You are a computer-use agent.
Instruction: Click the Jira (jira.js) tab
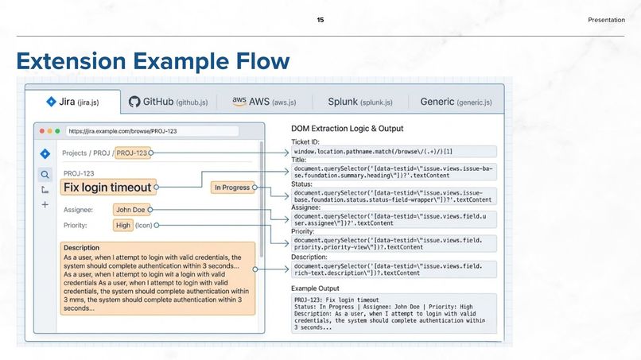pyautogui.click(x=72, y=102)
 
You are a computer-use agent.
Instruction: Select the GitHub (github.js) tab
pyautogui.click(x=169, y=102)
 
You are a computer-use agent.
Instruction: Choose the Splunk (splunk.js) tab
pyautogui.click(x=359, y=102)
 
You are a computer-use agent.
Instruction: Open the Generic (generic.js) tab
pyautogui.click(x=456, y=102)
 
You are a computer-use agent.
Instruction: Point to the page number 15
pyautogui.click(x=320, y=20)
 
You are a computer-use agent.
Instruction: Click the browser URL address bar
pyautogui.click(x=152, y=131)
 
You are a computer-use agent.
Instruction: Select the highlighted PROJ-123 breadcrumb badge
pyautogui.click(x=131, y=153)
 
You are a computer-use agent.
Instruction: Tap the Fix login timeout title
pyautogui.click(x=107, y=188)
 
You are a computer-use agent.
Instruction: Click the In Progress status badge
pyautogui.click(x=231, y=188)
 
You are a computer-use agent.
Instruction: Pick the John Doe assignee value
pyautogui.click(x=130, y=210)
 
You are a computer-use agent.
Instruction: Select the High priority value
pyautogui.click(x=123, y=226)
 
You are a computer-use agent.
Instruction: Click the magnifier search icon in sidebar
pyautogui.click(x=45, y=174)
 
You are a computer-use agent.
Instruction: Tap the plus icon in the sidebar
pyautogui.click(x=45, y=205)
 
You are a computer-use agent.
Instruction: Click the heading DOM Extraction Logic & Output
pyautogui.click(x=347, y=129)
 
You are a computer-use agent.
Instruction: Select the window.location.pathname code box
pyautogui.click(x=394, y=151)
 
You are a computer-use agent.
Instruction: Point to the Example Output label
pyautogui.click(x=315, y=288)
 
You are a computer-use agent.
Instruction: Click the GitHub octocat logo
pyautogui.click(x=134, y=102)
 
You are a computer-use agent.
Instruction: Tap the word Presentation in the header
pyautogui.click(x=606, y=20)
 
